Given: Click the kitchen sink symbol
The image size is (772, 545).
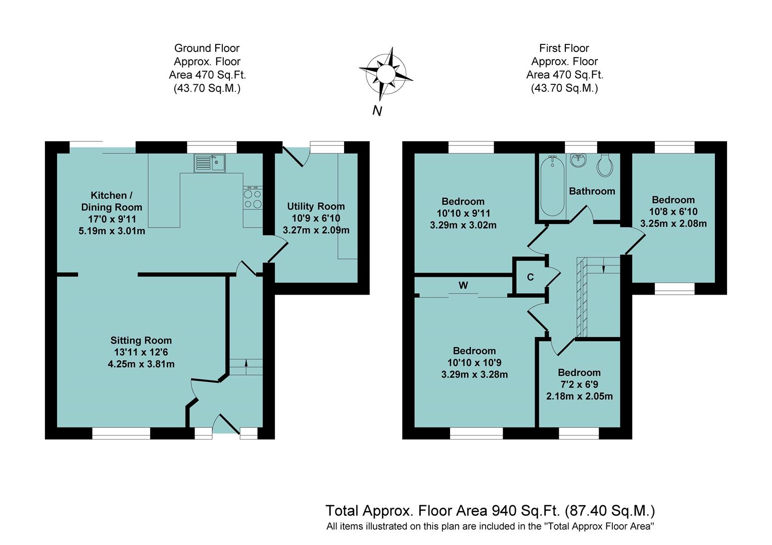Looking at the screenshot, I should (210, 163).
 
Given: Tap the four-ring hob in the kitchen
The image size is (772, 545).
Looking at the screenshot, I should (253, 198).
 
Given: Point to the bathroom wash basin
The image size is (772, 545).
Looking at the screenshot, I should (578, 160).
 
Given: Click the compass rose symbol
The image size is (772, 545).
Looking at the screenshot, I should (385, 74).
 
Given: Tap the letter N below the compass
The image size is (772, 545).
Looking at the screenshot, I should (377, 111).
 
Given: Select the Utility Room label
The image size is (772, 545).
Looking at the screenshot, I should (316, 206).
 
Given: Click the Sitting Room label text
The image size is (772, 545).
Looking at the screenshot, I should (141, 341).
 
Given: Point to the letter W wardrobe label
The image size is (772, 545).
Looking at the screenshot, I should (463, 286).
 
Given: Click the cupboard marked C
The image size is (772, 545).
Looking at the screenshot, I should (530, 277).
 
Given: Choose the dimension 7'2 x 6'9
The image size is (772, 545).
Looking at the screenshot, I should (579, 385).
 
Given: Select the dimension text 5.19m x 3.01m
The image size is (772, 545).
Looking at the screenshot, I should (112, 231).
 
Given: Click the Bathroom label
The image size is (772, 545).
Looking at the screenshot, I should (592, 191).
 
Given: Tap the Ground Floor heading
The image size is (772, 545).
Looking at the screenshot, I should (207, 48).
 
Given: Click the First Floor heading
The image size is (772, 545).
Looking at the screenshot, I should (564, 48).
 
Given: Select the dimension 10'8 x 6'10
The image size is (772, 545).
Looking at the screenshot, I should (673, 212).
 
